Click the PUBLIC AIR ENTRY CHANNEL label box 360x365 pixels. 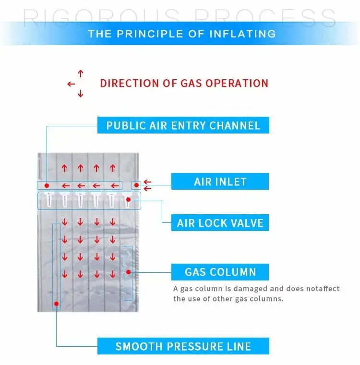(183, 126)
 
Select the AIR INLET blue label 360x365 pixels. (220, 182)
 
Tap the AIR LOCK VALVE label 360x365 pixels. (220, 223)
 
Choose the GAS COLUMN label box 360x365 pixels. (220, 272)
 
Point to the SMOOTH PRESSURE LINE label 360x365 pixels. (183, 346)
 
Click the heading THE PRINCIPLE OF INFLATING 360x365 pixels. (182, 34)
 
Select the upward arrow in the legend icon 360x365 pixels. (81, 73)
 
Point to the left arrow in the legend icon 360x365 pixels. (71, 84)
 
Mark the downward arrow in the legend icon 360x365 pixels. (81, 94)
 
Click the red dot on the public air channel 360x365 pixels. (47, 185)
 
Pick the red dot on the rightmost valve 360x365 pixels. (128, 198)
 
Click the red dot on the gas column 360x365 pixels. (128, 272)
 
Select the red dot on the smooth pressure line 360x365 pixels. (57, 304)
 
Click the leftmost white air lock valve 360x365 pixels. (48, 199)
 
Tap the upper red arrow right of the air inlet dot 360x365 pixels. (148, 182)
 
